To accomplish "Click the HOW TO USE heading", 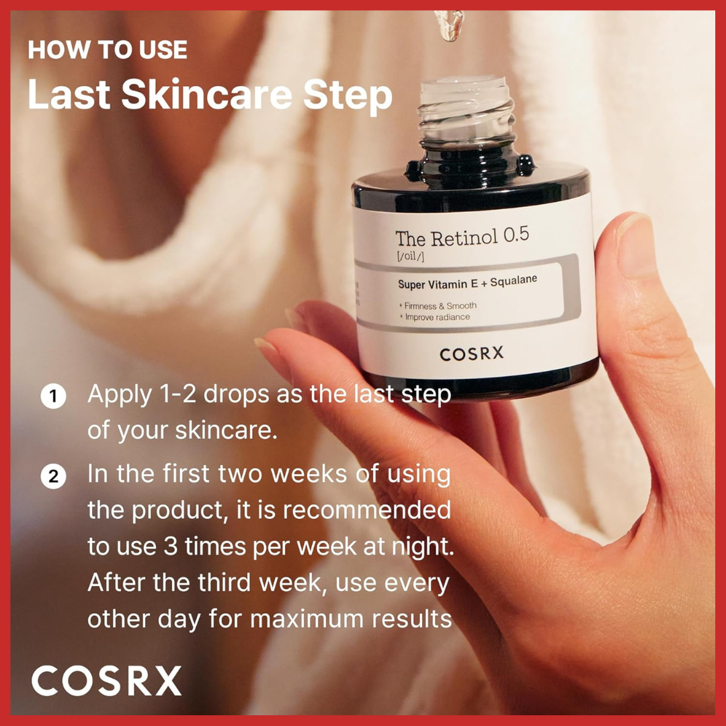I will point(108,50).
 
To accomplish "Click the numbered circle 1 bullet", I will point(53,397).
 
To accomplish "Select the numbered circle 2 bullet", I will point(53,477).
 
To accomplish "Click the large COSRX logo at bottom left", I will point(106,681).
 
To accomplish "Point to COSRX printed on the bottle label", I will point(471,354).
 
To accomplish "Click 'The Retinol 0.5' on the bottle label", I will point(462,237).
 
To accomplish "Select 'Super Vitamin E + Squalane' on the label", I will point(467,282).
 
